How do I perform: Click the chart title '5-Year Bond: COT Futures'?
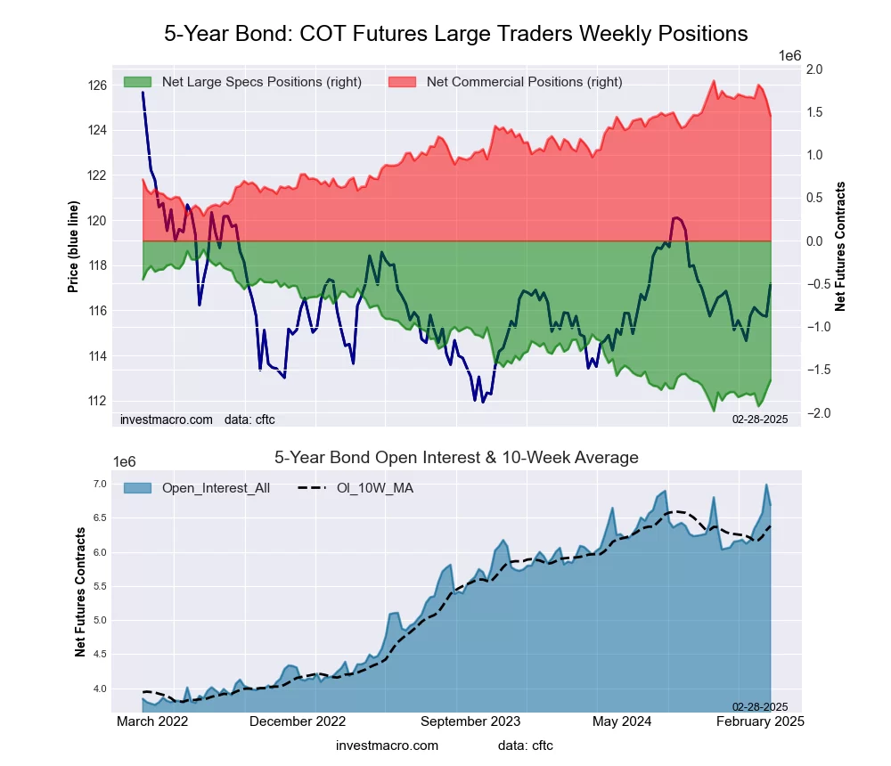pyautogui.click(x=455, y=34)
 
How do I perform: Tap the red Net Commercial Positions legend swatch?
pyautogui.click(x=405, y=82)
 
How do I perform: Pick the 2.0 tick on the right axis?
pyautogui.click(x=813, y=69)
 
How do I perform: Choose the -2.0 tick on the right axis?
pyautogui.click(x=812, y=413)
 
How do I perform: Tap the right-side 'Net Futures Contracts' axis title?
pyautogui.click(x=840, y=247)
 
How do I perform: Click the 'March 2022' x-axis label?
pyautogui.click(x=153, y=721)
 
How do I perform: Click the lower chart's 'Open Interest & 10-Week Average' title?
pyautogui.click(x=455, y=458)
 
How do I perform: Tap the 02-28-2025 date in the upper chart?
pyautogui.click(x=759, y=419)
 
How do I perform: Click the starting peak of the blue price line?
pyautogui.click(x=143, y=93)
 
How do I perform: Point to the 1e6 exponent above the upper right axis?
pyautogui.click(x=789, y=55)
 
